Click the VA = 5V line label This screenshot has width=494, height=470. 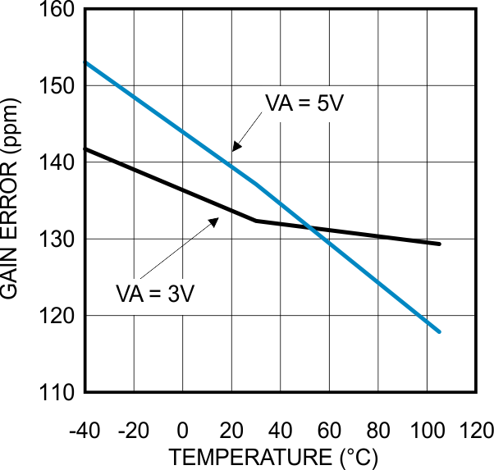coord(297,104)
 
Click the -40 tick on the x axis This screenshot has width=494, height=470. coord(85,431)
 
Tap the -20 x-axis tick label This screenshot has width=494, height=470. coord(133,431)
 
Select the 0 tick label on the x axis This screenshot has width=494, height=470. coord(182,431)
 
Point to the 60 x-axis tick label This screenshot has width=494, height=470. coord(328,431)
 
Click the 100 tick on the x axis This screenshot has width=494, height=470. coord(426,431)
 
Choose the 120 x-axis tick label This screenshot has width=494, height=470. coord(475,431)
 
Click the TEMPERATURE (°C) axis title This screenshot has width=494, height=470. coord(274,455)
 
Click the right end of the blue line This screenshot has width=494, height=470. coord(440,331)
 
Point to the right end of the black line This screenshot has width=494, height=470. coord(440,244)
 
